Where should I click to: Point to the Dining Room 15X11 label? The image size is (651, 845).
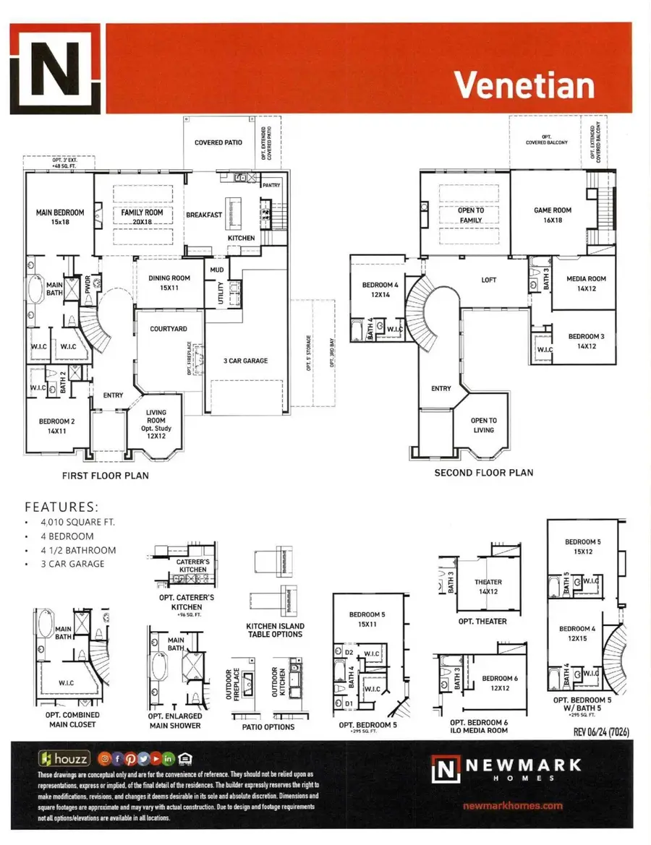pos(169,283)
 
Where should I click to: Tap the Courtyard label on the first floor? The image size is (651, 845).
pos(168,329)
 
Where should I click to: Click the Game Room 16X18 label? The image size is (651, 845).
pos(552,215)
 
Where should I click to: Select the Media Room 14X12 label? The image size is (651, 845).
pos(586,283)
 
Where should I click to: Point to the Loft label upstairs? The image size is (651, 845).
pos(489,280)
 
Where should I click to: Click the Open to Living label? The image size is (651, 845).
pos(483,425)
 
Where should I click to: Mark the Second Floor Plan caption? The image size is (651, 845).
pos(483,473)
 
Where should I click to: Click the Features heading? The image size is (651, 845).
pos(61,507)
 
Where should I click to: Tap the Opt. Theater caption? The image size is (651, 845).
pos(482,621)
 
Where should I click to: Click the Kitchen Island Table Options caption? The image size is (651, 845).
pos(275,630)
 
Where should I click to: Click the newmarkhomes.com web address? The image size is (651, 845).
pos(511,805)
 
